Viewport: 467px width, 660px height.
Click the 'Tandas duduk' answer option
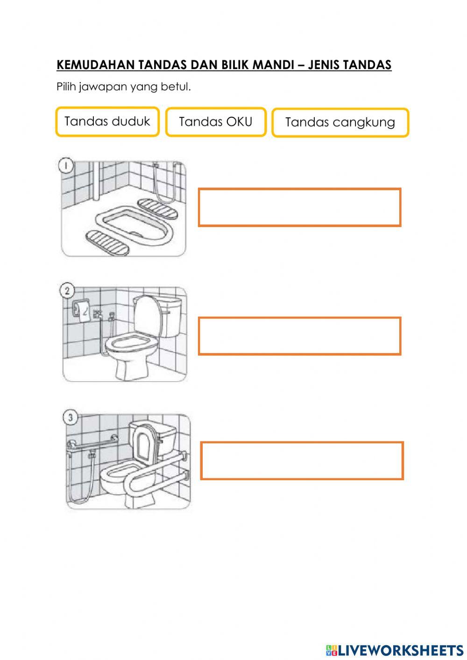click(x=107, y=122)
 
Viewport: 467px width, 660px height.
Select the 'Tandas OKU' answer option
click(x=215, y=122)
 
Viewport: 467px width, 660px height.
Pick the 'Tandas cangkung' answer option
click(x=340, y=123)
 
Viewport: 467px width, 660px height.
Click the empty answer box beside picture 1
click(x=299, y=207)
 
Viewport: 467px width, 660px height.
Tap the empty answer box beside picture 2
click(x=299, y=336)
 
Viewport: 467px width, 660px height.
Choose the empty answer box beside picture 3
click(x=302, y=461)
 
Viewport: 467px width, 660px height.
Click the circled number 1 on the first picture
click(x=65, y=165)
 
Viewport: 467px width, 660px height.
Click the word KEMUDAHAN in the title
click(x=96, y=65)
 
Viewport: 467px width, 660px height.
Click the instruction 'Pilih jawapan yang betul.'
click(x=124, y=87)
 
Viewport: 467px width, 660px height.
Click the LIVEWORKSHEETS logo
click(x=395, y=650)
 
